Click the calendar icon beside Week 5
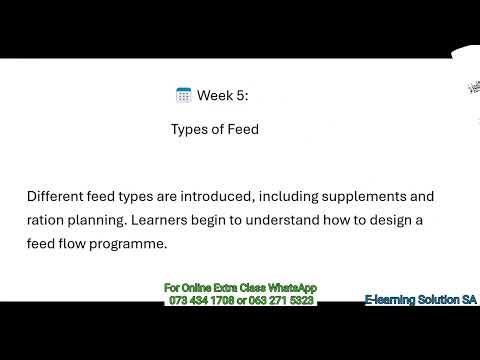pos(184,96)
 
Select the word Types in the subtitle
pos(190,129)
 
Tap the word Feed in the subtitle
pos(243,129)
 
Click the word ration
pos(47,220)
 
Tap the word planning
pos(104,220)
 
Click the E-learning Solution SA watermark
pos(420,299)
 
